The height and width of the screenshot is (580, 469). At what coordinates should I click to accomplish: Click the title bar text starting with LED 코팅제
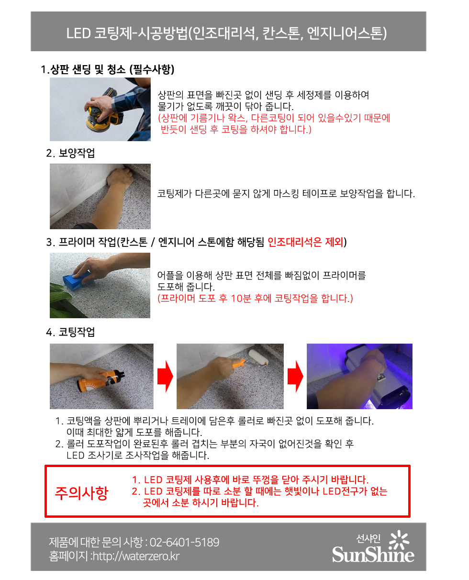click(x=226, y=33)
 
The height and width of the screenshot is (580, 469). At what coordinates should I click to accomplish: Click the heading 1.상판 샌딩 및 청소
click(x=108, y=70)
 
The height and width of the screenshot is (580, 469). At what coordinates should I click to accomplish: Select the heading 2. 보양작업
click(x=70, y=153)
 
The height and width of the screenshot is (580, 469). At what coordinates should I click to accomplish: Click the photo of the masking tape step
click(x=100, y=196)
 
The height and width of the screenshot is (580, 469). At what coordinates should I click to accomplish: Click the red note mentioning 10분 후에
click(x=255, y=299)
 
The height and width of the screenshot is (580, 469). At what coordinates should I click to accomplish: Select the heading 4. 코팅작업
click(x=70, y=332)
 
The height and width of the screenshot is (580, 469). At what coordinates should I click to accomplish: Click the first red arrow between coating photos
click(x=165, y=376)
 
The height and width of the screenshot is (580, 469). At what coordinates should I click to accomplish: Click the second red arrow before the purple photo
click(x=295, y=376)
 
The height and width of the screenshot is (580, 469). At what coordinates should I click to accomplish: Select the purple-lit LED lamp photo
click(x=359, y=376)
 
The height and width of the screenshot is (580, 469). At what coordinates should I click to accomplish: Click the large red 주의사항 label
click(x=81, y=492)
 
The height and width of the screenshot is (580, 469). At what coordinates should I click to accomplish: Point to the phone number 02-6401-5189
click(x=185, y=542)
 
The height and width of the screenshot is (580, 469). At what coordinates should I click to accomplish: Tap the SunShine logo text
click(x=373, y=554)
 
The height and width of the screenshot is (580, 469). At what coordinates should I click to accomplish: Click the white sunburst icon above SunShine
click(x=400, y=539)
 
